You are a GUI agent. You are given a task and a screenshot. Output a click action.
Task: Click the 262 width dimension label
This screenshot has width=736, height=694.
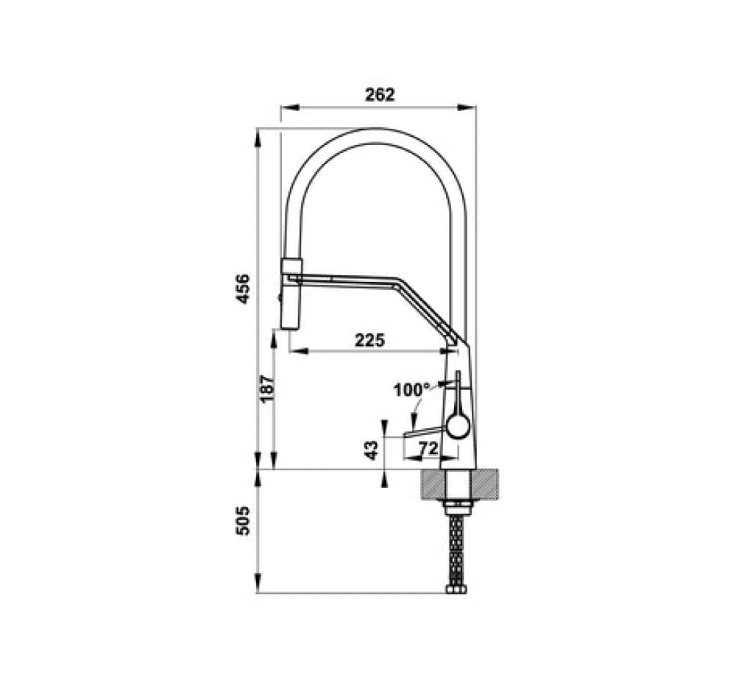380,95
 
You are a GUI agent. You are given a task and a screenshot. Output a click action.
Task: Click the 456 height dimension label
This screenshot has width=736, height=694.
243,288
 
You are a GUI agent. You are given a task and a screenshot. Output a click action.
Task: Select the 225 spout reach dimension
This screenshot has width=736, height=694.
369,340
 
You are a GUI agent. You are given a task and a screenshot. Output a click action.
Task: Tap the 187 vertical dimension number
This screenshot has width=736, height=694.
266,388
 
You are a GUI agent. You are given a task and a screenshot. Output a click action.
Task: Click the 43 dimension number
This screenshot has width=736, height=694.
371,450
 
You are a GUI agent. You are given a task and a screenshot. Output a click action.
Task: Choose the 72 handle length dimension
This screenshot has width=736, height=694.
428,449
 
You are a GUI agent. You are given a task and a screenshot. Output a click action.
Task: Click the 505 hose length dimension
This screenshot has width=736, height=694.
243,521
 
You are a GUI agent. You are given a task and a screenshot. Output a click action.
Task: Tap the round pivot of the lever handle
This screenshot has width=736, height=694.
457,427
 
